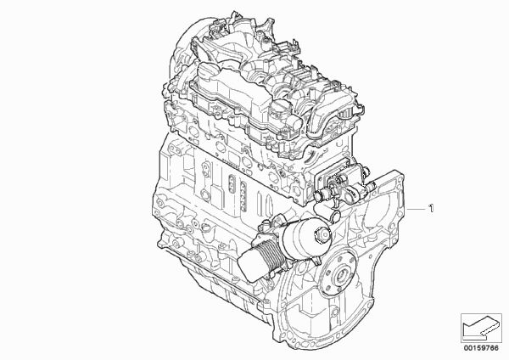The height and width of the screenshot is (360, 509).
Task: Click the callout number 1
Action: (x=431, y=208)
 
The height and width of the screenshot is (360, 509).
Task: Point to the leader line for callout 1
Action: (x=417, y=209)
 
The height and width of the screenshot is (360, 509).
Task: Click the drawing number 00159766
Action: (x=481, y=348)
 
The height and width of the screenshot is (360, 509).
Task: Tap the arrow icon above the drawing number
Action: (x=481, y=328)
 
